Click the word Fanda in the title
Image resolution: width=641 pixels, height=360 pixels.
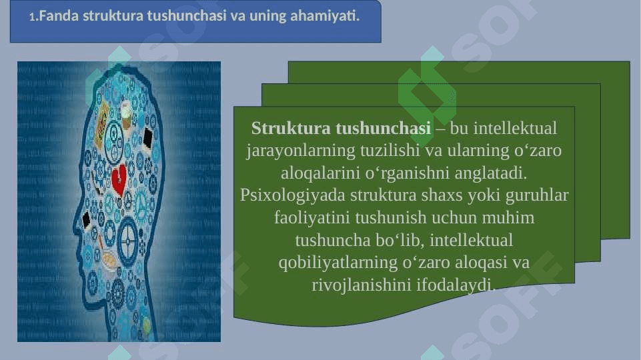(x=59, y=16)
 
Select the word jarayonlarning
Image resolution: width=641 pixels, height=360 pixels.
(x=300, y=151)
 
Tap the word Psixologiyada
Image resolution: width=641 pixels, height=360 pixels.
(x=292, y=195)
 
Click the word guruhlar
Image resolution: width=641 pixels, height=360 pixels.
(x=537, y=195)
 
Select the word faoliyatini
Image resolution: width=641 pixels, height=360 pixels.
(x=312, y=217)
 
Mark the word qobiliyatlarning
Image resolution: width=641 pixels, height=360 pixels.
(x=338, y=263)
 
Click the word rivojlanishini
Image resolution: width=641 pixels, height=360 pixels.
(x=362, y=285)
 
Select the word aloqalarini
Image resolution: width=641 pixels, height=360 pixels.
(x=321, y=173)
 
